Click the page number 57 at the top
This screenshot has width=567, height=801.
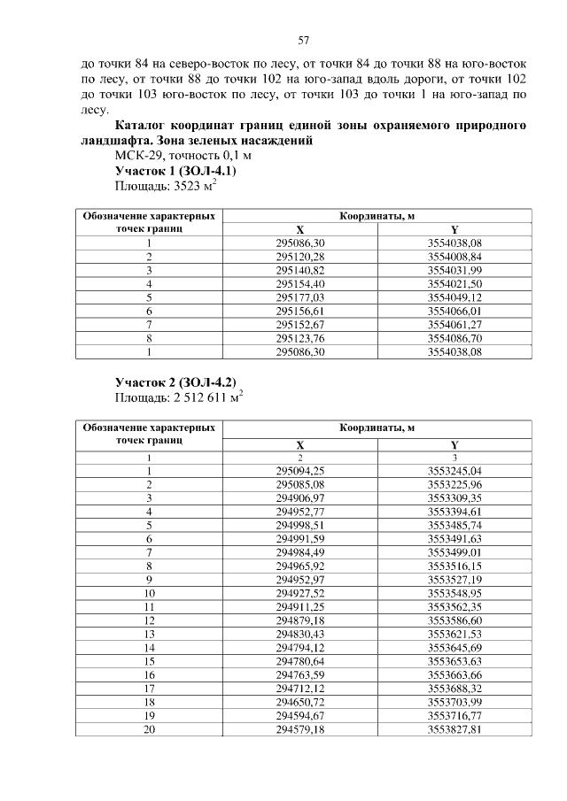tap(302, 41)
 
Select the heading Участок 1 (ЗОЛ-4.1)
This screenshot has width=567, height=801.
tap(175, 170)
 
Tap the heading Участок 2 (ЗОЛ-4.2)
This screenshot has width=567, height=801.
tap(175, 381)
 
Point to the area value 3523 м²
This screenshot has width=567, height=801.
tap(166, 186)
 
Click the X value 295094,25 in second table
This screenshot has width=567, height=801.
tap(300, 471)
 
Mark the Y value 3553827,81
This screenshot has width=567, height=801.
tap(454, 731)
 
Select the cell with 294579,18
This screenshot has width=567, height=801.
tap(300, 731)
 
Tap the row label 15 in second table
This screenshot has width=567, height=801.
tap(150, 662)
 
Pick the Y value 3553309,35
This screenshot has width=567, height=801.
tap(454, 498)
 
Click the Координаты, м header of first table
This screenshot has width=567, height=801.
tap(377, 215)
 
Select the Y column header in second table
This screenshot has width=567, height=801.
tap(454, 444)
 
